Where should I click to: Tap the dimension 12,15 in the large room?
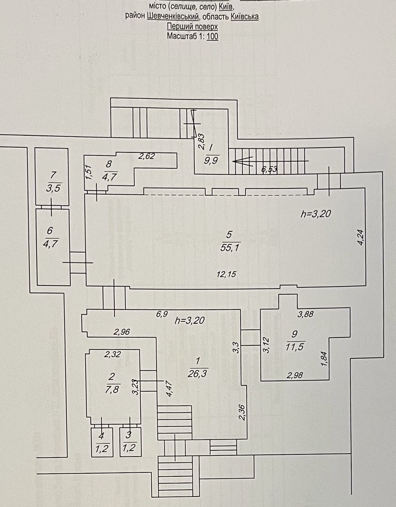coord(226,274)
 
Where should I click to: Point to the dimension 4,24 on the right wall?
coord(361,238)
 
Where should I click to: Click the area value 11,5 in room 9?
coord(295,347)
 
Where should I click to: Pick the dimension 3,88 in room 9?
coord(305,314)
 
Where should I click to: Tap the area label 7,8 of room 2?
coord(112,390)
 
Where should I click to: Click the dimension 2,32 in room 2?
coord(113,355)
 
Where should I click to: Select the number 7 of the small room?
coord(54,175)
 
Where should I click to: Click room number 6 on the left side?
coord(50,230)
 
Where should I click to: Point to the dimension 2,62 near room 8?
coord(146,156)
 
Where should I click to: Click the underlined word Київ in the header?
coord(226,6)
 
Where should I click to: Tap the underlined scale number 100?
coord(212,36)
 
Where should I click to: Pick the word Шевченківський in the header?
coord(173,16)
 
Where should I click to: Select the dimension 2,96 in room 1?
coord(121,332)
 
